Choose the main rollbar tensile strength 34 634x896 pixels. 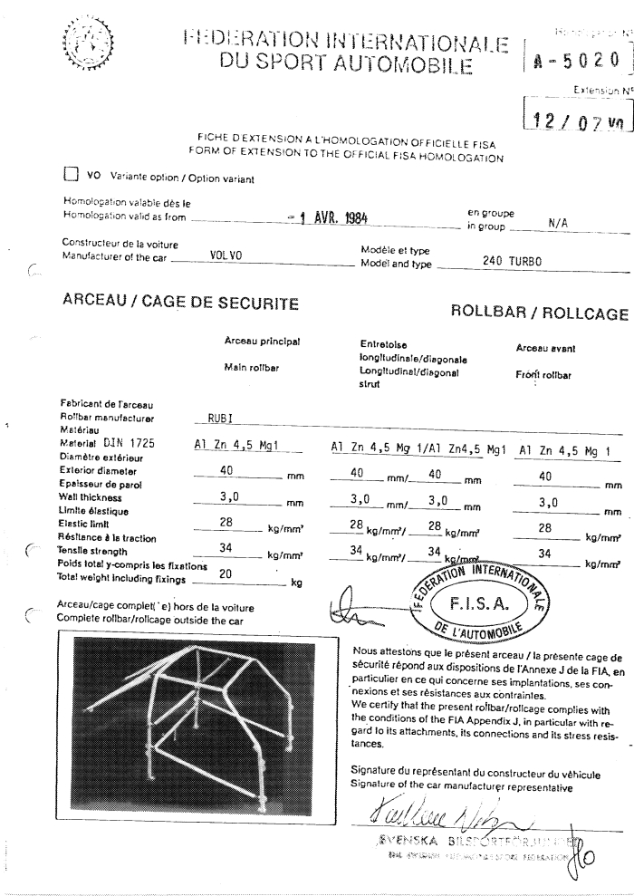[x=235, y=549]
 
